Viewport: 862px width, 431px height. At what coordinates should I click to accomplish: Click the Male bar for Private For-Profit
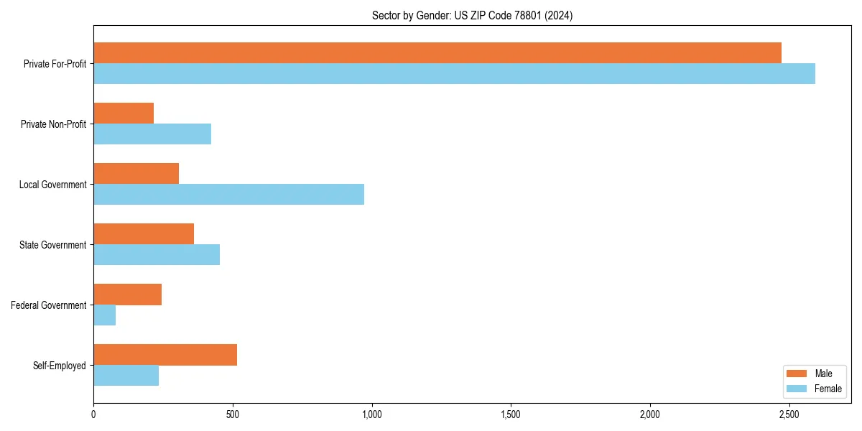(x=437, y=53)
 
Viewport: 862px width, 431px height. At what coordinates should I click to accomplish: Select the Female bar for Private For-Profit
(x=454, y=74)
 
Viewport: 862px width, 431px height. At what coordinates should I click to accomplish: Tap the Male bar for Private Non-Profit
(x=124, y=113)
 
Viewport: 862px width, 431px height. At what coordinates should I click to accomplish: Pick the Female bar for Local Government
(x=228, y=195)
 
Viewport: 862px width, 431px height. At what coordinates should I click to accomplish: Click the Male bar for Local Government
(x=136, y=174)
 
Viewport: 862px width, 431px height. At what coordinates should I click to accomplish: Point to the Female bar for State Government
(x=157, y=255)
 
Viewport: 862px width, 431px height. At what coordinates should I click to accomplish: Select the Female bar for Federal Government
(x=104, y=315)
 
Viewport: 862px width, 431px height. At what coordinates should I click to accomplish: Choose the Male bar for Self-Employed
(x=165, y=355)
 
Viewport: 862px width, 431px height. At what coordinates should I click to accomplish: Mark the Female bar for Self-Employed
(x=126, y=376)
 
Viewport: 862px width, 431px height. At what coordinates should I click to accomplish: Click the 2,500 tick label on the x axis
(x=789, y=414)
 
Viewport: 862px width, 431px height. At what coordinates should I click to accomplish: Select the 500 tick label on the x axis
(x=232, y=414)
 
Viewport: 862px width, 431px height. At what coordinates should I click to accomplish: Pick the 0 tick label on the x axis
(x=93, y=414)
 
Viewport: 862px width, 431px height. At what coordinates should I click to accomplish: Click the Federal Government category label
(x=49, y=305)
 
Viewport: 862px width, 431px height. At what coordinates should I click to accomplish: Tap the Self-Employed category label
(x=60, y=366)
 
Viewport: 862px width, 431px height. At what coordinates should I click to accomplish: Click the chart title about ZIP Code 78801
(x=472, y=15)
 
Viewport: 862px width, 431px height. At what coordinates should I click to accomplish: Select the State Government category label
(x=53, y=245)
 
